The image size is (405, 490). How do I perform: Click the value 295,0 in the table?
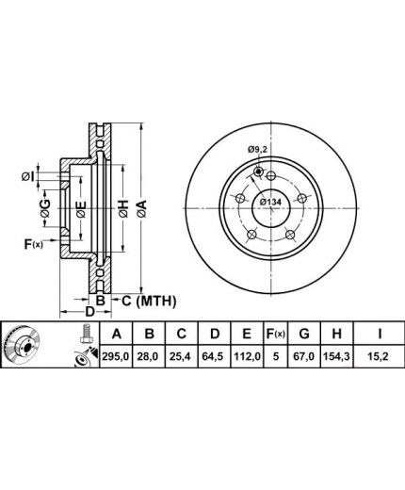pos(116,356)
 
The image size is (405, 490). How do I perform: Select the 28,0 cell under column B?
pos(149,356)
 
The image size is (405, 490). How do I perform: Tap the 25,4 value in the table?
pos(182,356)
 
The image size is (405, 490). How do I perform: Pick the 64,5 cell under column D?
pos(214,356)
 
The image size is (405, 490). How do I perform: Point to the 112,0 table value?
pos(247,356)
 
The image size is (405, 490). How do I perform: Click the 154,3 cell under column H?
pos(337,356)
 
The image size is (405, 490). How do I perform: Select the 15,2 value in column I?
pos(379,356)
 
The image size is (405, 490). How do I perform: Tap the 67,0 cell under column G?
pos(304,356)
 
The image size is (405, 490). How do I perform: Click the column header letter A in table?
pos(116,334)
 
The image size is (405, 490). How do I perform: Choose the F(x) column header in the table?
pos(276,334)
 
